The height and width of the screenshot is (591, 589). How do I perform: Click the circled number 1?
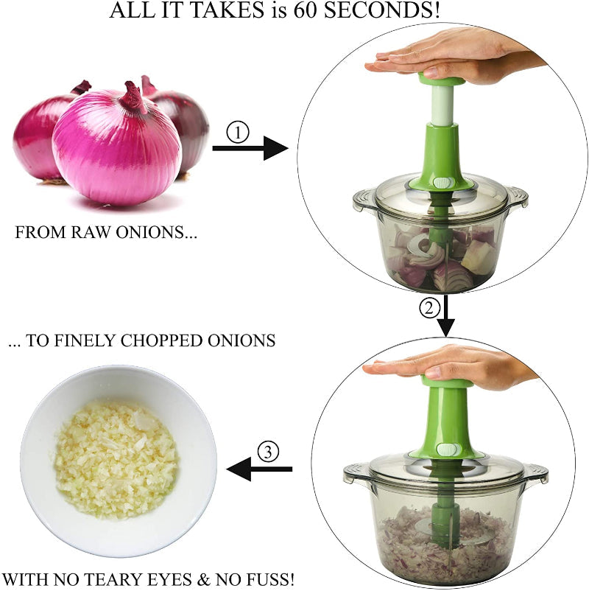pyautogui.click(x=238, y=133)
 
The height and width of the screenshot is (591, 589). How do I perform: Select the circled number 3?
pyautogui.click(x=267, y=451)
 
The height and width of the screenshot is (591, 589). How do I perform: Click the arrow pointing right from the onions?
pyautogui.click(x=250, y=149)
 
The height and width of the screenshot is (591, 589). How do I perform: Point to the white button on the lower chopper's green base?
pyautogui.click(x=445, y=450)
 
